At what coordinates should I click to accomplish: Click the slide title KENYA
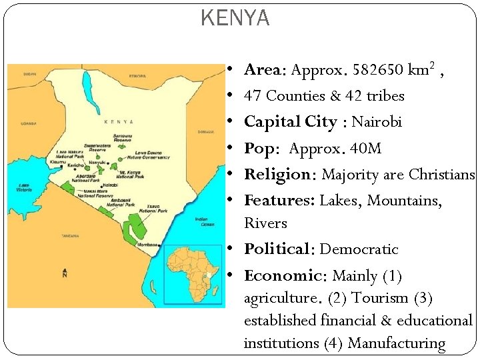[235, 19]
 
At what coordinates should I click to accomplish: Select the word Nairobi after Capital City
[377, 122]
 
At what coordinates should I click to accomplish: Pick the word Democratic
[359, 249]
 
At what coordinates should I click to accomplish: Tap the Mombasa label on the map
[147, 245]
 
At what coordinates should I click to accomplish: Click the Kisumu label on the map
[58, 162]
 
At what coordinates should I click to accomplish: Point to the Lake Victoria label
[25, 187]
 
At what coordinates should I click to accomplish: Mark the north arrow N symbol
[64, 273]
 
